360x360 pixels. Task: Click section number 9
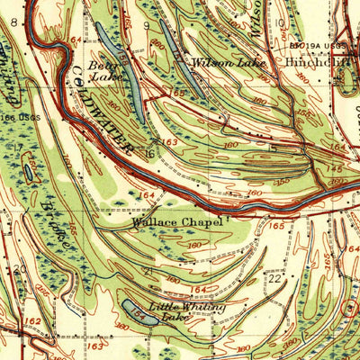pos(146,26)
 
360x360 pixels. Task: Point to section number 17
pos(16,147)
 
